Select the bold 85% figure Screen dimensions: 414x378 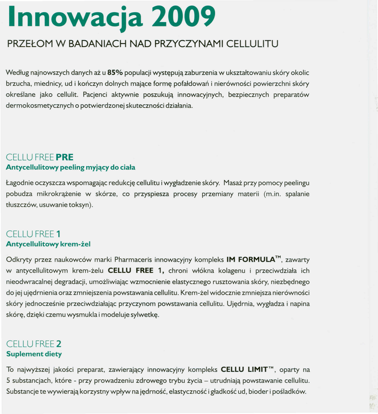click(115, 73)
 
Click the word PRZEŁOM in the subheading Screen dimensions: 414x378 click(28, 43)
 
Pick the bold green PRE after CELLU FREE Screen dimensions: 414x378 click(65, 157)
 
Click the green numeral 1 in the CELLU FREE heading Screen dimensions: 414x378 click(59, 234)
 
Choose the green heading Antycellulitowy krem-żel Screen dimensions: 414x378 click(48, 244)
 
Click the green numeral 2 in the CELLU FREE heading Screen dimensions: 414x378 click(59, 344)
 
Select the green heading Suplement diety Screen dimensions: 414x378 click(34, 354)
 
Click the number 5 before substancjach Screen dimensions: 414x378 click(8, 380)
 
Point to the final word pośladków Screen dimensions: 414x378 click(290, 391)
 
